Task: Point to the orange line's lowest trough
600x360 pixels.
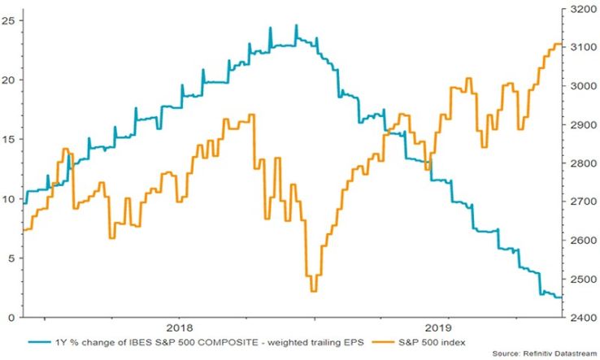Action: (314, 291)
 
